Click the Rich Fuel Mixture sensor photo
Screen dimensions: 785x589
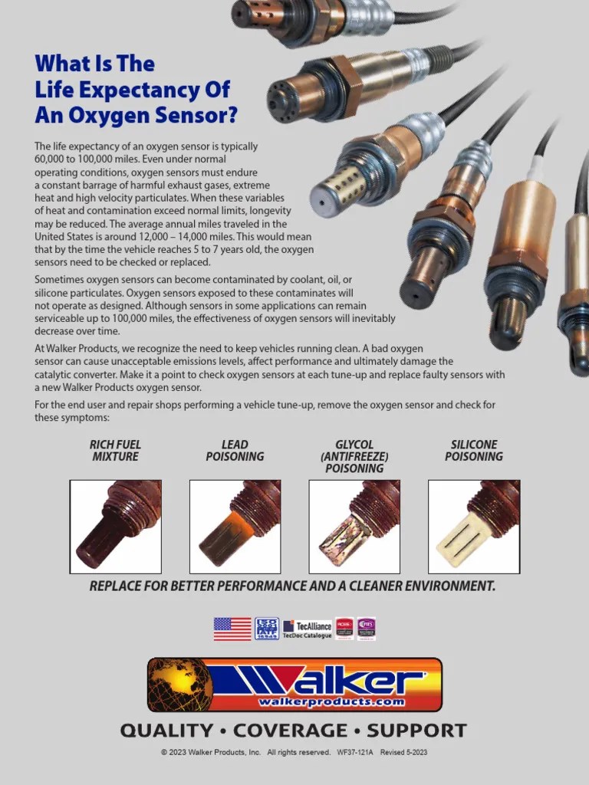point(115,527)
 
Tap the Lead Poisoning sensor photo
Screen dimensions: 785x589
point(235,527)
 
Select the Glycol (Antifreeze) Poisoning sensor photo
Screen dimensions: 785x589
point(354,527)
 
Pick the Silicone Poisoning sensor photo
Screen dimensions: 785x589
point(474,527)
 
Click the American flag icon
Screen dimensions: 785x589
point(232,629)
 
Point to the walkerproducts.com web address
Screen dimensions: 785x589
point(331,701)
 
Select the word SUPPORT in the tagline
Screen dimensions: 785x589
point(416,731)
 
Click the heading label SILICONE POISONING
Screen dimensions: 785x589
point(474,451)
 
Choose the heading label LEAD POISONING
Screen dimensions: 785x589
point(235,451)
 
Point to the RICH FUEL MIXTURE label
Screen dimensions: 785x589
point(115,451)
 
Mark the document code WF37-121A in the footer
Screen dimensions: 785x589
point(355,753)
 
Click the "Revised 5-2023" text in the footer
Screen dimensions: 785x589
point(403,753)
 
